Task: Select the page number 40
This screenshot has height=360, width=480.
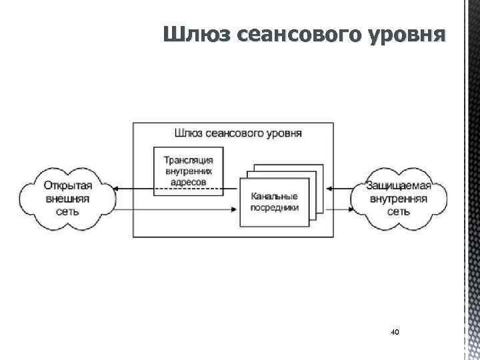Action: (x=395, y=331)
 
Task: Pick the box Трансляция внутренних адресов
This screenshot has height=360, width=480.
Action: (x=189, y=171)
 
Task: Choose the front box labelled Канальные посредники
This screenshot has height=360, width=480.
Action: (x=275, y=202)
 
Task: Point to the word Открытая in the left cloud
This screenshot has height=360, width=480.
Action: (x=68, y=186)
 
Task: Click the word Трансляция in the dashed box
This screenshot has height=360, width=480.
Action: (x=189, y=159)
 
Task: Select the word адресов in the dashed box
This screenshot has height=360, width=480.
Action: (x=189, y=181)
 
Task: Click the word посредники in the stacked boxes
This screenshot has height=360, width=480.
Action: (x=275, y=207)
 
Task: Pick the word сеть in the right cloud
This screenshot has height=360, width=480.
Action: (x=399, y=211)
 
